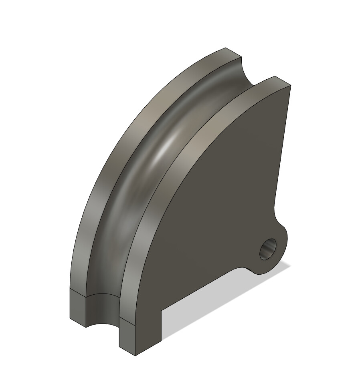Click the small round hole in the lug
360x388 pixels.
268,249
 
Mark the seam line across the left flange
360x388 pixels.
78,293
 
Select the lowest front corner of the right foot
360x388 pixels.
135,356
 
